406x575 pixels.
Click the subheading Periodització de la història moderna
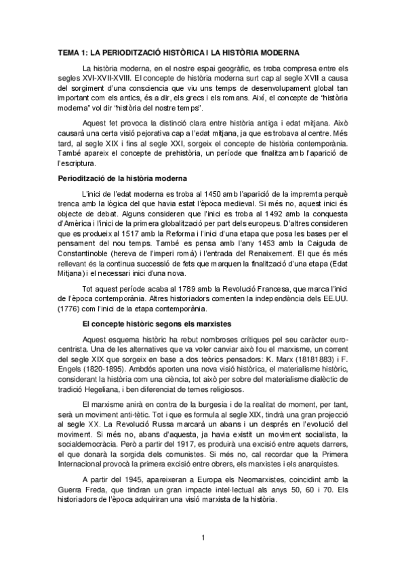121,179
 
